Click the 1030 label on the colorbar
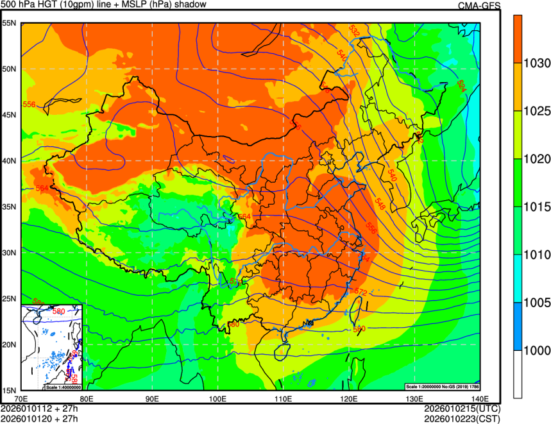tap(536, 63)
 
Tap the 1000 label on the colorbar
tap(536, 350)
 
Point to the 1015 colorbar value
tap(536, 207)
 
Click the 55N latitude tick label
tap(10, 22)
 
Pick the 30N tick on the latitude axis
tap(10, 252)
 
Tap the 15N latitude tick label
tap(10, 390)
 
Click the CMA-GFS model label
tap(479, 5)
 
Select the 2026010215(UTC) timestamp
tap(462, 409)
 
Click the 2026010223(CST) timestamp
tap(462, 418)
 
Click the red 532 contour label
tap(353, 30)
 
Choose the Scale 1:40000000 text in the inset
tap(62, 387)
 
